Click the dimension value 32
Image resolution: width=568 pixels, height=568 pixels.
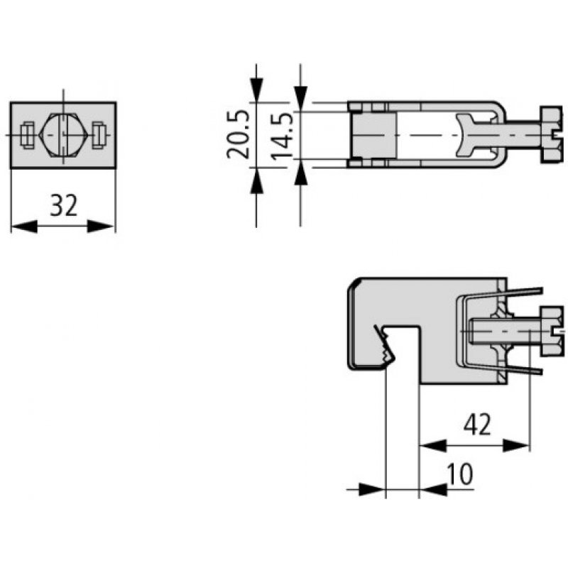(63, 206)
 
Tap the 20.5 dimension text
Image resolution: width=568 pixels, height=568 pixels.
(239, 133)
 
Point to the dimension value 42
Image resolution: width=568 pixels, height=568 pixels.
(477, 425)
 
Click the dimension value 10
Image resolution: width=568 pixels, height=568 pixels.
(460, 474)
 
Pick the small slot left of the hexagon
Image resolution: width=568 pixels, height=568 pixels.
(27, 133)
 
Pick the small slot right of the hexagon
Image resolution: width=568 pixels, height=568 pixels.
(99, 133)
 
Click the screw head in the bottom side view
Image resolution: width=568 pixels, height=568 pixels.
(553, 330)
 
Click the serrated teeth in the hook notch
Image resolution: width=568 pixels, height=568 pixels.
(387, 348)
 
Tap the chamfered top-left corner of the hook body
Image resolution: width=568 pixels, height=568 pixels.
(354, 285)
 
